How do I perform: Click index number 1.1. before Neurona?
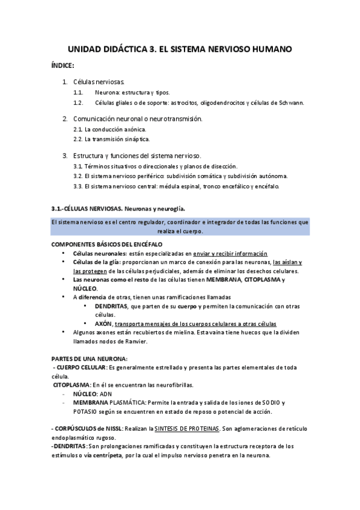78,93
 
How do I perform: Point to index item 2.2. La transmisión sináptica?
108,139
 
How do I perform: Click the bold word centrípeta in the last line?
125,455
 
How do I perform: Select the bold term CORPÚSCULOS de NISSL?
88,429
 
